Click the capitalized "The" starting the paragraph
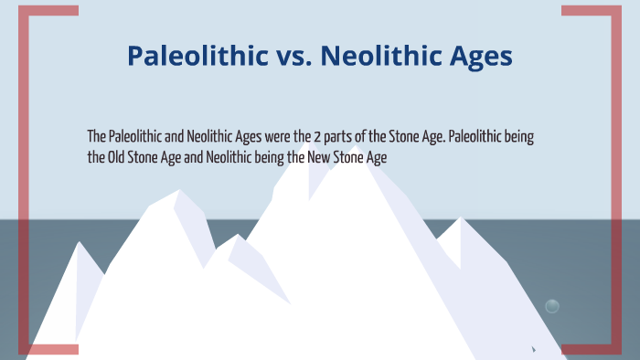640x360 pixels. point(96,137)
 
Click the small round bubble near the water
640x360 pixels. point(552,306)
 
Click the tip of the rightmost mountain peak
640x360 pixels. point(463,218)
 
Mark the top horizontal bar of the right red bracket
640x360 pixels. point(585,10)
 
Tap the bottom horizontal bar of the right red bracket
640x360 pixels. point(585,349)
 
